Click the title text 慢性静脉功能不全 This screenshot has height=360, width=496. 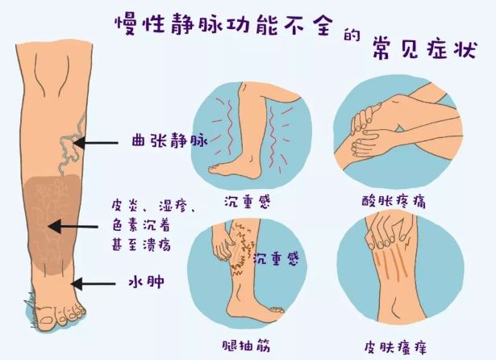click(x=224, y=25)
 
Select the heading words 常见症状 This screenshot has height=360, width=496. click(x=424, y=48)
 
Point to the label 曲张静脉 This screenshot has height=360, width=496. click(x=169, y=140)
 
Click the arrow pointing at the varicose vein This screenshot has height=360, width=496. click(x=95, y=143)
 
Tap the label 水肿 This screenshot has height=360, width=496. click(x=147, y=281)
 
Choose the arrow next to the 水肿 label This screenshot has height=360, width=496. click(x=93, y=283)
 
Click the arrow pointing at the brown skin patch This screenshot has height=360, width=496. click(x=73, y=226)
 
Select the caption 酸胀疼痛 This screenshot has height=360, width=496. click(x=394, y=201)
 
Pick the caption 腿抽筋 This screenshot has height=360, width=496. click(x=247, y=346)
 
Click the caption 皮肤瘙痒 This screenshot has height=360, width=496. click(x=395, y=347)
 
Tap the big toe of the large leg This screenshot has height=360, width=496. click(x=46, y=317)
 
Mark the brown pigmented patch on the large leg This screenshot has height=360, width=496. click(x=53, y=224)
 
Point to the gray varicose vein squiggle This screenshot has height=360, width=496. click(x=72, y=144)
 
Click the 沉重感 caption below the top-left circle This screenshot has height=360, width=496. click(x=248, y=202)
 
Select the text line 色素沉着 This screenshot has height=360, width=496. click(x=141, y=225)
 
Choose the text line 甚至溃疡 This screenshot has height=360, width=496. click(x=141, y=244)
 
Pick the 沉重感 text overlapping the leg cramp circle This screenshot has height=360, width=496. click(x=276, y=258)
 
